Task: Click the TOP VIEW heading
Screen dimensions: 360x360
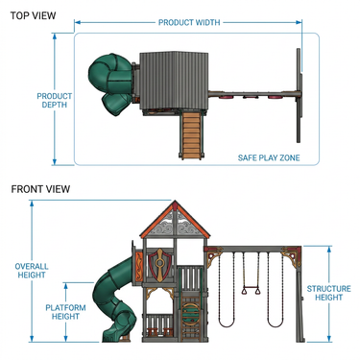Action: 33,15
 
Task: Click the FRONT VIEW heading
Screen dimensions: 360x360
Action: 40,189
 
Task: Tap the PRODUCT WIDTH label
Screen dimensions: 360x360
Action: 189,23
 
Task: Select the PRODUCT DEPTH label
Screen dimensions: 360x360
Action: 55,101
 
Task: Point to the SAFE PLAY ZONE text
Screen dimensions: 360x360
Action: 269,157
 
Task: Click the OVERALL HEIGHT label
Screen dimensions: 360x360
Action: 32,271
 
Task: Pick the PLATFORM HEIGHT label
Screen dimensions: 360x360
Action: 65,312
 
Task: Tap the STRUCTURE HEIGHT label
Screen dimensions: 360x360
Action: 328,293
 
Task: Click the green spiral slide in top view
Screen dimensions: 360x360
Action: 110,84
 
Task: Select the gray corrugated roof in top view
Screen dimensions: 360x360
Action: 174,81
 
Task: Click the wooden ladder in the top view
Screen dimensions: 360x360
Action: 192,134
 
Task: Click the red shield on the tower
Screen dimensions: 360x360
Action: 159,265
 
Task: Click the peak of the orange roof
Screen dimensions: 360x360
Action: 175,202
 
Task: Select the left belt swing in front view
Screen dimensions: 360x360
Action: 227,290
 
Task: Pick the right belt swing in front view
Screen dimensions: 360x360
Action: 276,290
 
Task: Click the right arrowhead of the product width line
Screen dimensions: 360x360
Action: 299,22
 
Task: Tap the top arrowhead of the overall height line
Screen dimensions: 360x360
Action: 32,204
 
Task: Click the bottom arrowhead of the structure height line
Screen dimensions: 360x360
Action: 329,339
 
